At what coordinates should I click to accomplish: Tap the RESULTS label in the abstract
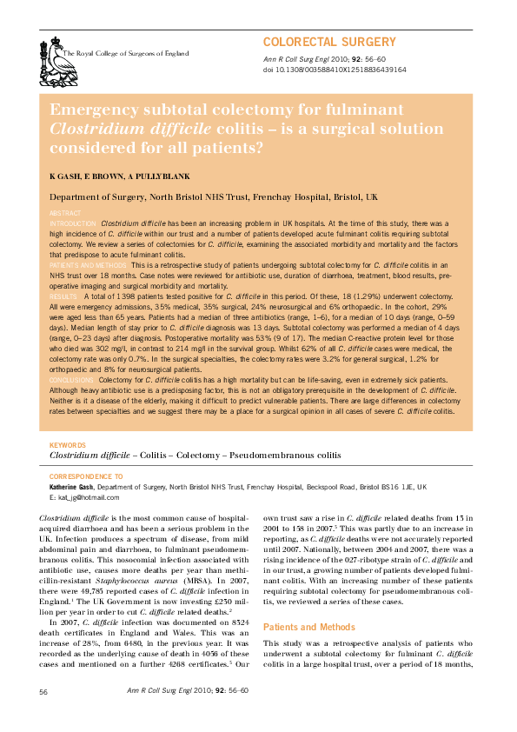point(63,296)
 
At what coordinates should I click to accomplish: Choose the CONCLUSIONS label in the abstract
point(72,380)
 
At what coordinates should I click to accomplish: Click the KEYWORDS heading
point(68,445)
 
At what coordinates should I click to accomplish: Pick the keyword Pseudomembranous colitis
point(285,455)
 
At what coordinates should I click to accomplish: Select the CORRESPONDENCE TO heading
point(87,477)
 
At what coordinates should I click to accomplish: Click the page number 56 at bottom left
point(43,691)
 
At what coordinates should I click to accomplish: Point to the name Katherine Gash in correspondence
point(74,488)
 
